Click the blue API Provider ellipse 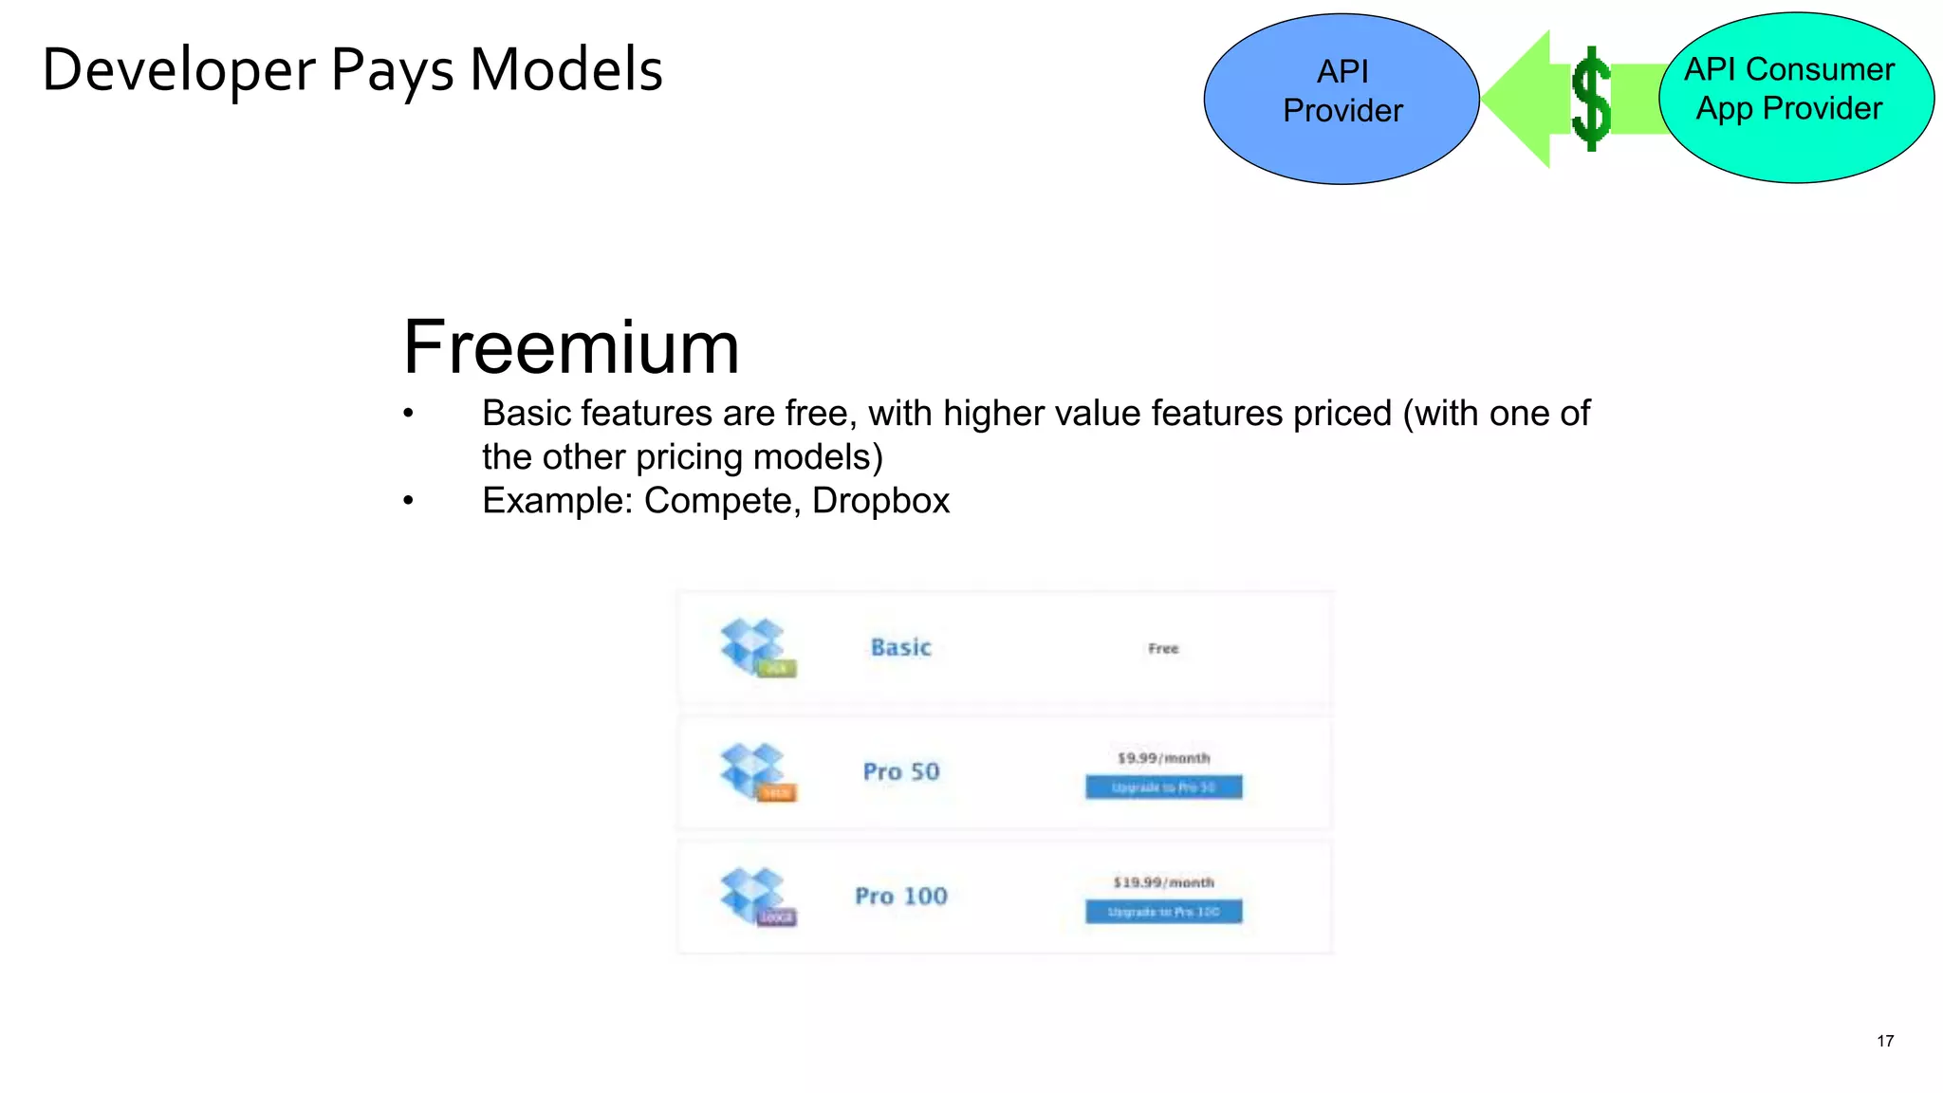coord(1341,99)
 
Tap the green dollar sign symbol coord(1591,99)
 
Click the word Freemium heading coord(570,347)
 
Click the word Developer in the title coord(178,71)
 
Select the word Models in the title coord(566,70)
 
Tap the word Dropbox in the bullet coord(880,501)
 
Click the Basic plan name coord(901,648)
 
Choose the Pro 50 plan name coord(901,772)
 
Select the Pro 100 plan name coord(901,897)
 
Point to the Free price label coord(1163,649)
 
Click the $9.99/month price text coord(1163,758)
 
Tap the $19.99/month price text coord(1163,882)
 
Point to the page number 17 coord(1885,1041)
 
